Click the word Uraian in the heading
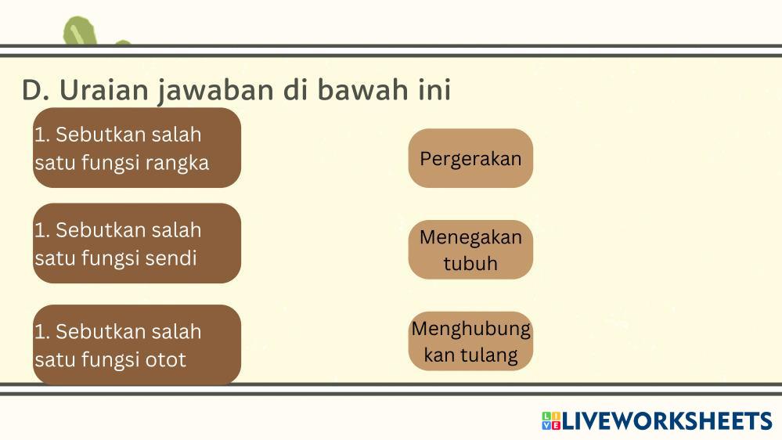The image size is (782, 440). point(104,90)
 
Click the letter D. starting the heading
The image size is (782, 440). point(36,90)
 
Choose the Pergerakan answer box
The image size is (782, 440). point(470,158)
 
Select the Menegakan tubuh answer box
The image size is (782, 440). point(470,250)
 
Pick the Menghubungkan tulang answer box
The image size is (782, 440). point(470,341)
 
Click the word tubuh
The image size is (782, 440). point(470,263)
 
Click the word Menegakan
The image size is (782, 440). point(470,237)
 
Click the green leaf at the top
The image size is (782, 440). point(81,31)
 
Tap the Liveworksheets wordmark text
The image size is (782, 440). point(667,420)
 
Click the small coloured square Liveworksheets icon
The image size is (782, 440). point(551,420)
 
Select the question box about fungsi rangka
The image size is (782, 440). point(137,148)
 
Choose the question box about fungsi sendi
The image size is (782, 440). point(137,243)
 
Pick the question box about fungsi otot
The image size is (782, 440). point(137,344)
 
